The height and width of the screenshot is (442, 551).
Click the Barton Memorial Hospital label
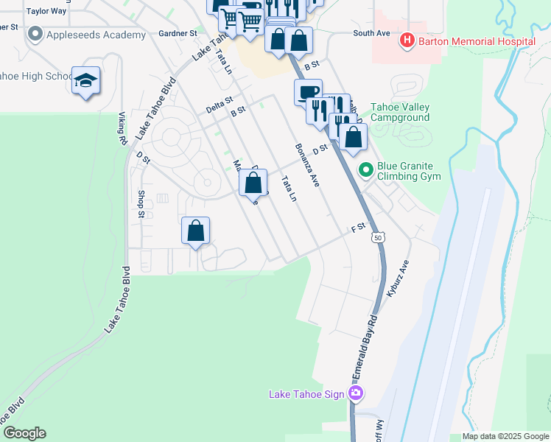click(476, 41)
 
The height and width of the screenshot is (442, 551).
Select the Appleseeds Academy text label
click(96, 35)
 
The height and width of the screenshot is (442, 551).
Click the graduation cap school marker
click(85, 80)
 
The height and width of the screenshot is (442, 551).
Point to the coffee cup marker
click(307, 93)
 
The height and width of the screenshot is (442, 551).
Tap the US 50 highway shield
click(378, 237)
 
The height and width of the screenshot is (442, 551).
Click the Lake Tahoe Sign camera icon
click(357, 393)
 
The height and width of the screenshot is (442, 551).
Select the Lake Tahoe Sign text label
click(306, 394)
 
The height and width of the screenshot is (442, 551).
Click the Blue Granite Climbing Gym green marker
click(365, 171)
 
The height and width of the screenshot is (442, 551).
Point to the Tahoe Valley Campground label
click(399, 112)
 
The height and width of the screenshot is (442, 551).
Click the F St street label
click(358, 228)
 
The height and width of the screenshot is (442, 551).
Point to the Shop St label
click(141, 204)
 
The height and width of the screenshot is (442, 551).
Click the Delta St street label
click(219, 104)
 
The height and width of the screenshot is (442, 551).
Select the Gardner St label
click(178, 33)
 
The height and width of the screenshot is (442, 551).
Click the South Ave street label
click(371, 33)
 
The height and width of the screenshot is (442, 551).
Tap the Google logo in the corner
click(24, 433)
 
